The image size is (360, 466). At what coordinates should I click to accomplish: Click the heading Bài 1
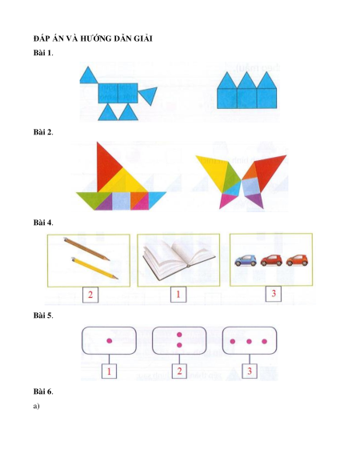[x=43, y=53]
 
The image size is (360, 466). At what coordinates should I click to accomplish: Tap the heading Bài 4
[x=43, y=223]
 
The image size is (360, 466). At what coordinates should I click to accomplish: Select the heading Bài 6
[x=43, y=392]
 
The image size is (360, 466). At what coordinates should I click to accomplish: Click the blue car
[x=246, y=261]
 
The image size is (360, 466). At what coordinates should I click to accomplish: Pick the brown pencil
[x=86, y=249]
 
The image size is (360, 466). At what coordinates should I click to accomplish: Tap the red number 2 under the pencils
[x=90, y=295]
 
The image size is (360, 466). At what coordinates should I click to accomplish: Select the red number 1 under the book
[x=178, y=294]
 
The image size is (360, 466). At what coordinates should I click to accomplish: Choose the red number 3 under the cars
[x=274, y=293]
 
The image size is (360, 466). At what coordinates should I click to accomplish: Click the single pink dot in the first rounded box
[x=110, y=341]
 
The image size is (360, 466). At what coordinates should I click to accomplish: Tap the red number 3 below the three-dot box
[x=250, y=371]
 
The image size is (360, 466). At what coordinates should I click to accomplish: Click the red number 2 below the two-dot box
[x=179, y=371]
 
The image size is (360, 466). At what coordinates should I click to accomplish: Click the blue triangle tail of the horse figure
[x=148, y=94]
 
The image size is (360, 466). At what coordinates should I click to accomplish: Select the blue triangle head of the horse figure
[x=87, y=76]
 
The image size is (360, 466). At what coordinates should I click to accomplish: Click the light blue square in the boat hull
[x=121, y=201]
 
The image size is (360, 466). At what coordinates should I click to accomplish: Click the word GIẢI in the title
[x=144, y=38]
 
